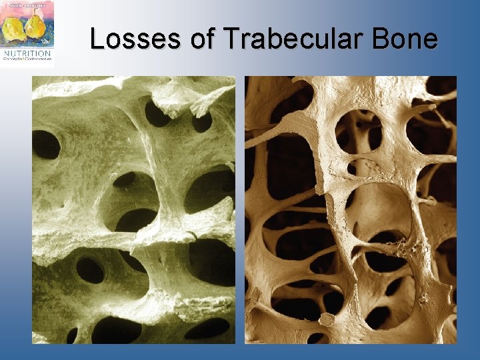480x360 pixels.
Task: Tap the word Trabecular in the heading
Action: [x=287, y=39]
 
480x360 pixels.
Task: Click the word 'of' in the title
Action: [x=203, y=39]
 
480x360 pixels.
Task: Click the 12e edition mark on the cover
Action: [x=47, y=41]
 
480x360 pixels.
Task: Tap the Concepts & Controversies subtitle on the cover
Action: [x=27, y=58]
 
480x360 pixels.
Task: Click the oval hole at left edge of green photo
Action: [x=45, y=144]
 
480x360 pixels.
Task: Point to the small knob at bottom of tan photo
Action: [x=327, y=319]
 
